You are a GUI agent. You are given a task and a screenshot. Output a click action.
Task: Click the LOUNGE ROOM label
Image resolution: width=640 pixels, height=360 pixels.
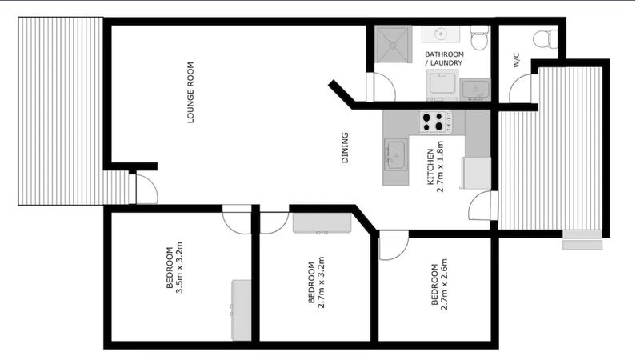(x=190, y=92)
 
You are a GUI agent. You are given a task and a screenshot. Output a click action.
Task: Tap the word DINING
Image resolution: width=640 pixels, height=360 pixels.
(x=345, y=148)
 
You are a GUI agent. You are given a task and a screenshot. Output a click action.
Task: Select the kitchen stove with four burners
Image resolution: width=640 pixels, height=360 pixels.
(x=436, y=122)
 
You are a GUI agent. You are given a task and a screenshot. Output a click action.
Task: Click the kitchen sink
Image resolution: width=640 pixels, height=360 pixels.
(x=395, y=154)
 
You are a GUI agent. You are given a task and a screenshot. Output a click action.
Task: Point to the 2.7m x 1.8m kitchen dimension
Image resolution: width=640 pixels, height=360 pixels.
(x=440, y=166)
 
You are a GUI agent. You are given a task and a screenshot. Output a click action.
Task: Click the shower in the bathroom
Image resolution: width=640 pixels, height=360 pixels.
(x=393, y=45)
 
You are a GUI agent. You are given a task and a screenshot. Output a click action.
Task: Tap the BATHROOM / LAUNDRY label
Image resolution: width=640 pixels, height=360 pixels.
(x=444, y=58)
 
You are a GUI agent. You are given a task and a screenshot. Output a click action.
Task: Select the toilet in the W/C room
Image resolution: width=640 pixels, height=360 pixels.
(x=546, y=37)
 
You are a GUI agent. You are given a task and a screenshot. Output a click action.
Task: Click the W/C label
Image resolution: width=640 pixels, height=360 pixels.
(x=517, y=60)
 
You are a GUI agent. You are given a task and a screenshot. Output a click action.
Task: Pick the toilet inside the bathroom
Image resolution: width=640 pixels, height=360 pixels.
(x=479, y=37)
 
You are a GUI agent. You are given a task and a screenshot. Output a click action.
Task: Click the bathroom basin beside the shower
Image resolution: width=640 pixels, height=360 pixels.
(x=441, y=34)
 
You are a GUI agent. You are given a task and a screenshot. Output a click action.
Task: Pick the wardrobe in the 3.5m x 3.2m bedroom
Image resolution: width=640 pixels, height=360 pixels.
(x=242, y=310)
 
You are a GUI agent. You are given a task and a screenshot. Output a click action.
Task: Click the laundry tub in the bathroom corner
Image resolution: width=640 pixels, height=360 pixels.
(x=475, y=89)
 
